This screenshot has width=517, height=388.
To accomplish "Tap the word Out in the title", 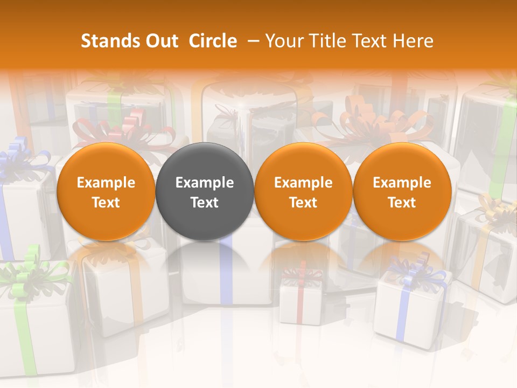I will pyautogui.click(x=160, y=41).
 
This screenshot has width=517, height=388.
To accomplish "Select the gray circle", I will pyautogui.click(x=205, y=191).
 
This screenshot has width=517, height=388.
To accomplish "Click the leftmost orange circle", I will pyautogui.click(x=106, y=191).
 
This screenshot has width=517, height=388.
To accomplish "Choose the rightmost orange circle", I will pyautogui.click(x=402, y=191).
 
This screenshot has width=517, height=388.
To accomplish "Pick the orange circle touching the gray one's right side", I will pyautogui.click(x=303, y=191).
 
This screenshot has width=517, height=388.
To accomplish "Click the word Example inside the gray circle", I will pyautogui.click(x=205, y=183).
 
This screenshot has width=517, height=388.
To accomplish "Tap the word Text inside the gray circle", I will pyautogui.click(x=205, y=203).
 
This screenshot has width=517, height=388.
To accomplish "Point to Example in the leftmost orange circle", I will pyautogui.click(x=106, y=183).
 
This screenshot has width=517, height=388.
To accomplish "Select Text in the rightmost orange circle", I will pyautogui.click(x=402, y=203).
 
